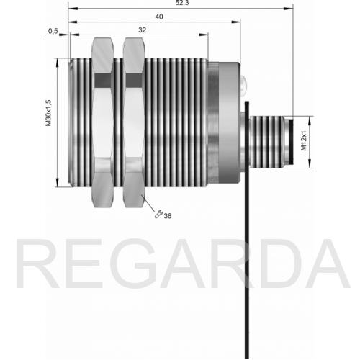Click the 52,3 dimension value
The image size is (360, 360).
182,3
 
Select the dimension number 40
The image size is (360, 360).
159,17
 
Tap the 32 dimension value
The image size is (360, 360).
142,30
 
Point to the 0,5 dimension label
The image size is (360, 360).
53,31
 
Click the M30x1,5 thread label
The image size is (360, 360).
48,113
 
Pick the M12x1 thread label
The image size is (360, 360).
304,140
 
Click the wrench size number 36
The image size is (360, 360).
168,216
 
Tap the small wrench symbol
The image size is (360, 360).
158,214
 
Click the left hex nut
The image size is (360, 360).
102,122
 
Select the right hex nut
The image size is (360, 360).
134,122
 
